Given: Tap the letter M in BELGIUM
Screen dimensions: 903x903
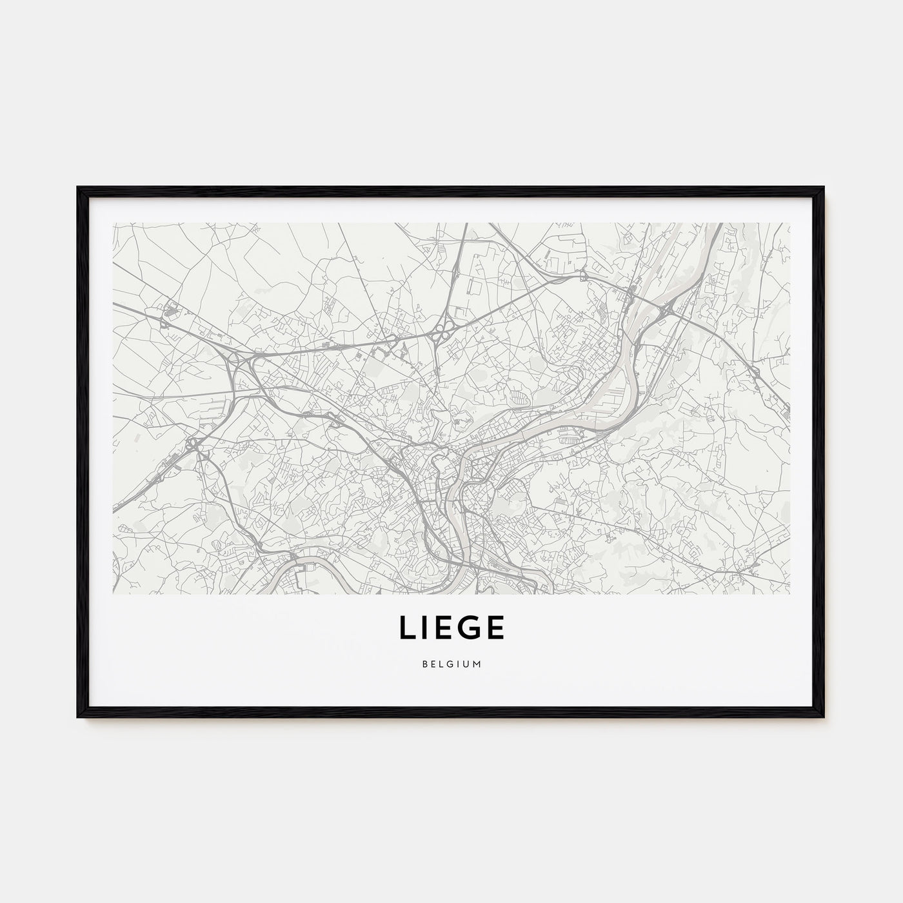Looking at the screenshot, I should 478,664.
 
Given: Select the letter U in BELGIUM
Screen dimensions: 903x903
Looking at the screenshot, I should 467,664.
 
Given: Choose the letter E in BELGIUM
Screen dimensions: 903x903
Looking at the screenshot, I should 433,664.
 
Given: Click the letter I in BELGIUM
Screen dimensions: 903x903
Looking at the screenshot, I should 459,664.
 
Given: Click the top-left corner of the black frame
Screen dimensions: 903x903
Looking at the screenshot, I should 78,188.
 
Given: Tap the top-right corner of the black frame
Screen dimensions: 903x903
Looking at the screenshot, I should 824,188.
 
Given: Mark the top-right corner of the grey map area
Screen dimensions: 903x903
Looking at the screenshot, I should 789,224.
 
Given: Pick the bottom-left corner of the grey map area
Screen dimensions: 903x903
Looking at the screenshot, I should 113,593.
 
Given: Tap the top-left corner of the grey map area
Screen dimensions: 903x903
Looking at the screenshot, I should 113,224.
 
